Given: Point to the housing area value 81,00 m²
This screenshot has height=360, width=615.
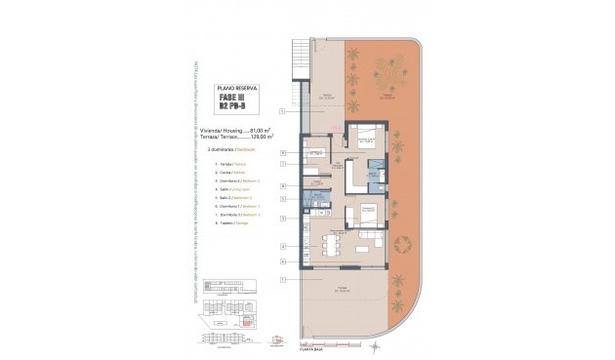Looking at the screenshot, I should coord(261,129).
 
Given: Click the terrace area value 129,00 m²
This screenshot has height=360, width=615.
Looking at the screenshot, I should coord(261,137).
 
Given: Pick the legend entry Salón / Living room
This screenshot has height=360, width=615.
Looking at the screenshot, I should coord(225,189).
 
